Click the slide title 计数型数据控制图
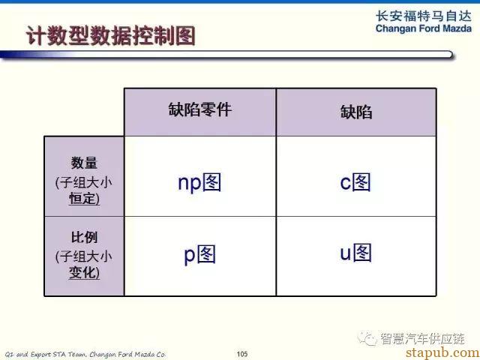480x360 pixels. point(110,36)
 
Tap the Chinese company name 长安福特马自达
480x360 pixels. point(424,16)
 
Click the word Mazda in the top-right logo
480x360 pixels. point(457,28)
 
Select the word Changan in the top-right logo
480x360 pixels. point(395,28)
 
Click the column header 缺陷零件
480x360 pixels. point(200,109)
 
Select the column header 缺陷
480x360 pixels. point(356,112)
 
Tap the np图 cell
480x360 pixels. point(199,183)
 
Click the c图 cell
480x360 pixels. point(355,182)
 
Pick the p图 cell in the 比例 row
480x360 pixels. point(199,254)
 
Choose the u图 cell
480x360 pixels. point(355,253)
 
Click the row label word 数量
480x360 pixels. point(84,163)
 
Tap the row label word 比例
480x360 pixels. point(84,237)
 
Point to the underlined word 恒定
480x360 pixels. point(82,198)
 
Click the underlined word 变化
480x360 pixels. point(82,272)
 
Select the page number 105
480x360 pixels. point(241,354)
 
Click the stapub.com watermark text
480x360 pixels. point(443,352)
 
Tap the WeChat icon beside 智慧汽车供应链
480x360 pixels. point(367,338)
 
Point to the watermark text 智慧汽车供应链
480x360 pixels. point(422,338)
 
